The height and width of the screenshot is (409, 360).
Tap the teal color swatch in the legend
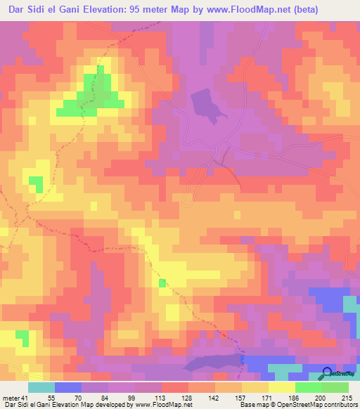coord(41,387)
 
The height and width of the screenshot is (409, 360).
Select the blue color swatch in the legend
coord(68,387)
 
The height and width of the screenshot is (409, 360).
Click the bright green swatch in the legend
coord(309,387)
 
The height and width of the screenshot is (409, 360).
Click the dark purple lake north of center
coord(205,103)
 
